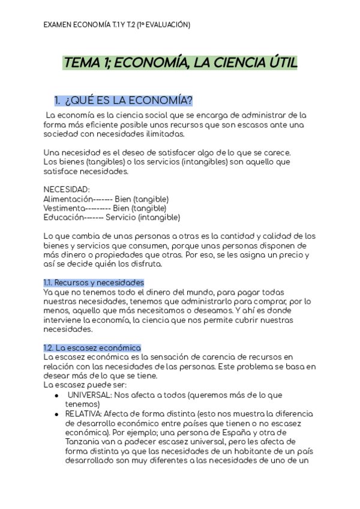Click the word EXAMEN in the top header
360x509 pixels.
[58, 25]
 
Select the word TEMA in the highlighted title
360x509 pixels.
[82, 63]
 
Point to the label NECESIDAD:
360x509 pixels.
[66, 189]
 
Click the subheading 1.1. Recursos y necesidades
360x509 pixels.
[94, 282]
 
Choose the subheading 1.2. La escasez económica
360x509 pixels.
[92, 348]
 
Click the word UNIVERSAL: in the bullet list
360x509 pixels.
[89, 395]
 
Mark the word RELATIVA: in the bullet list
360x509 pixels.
[83, 414]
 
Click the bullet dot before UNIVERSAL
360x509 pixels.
[56, 396]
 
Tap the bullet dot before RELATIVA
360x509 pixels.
[56, 414]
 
